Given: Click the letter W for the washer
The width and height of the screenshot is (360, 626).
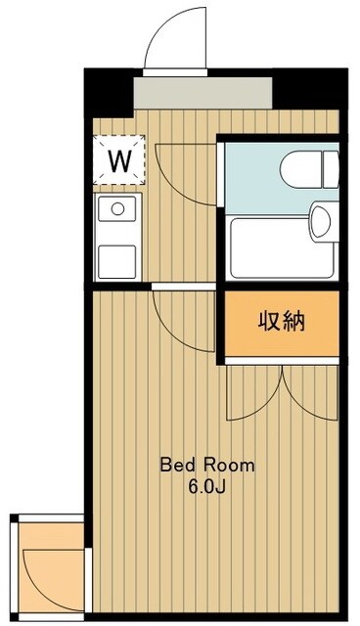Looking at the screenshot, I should [x=119, y=159].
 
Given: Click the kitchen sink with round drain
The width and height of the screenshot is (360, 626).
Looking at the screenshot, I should [x=116, y=208].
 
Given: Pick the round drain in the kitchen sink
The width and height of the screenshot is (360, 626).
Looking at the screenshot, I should [x=117, y=207].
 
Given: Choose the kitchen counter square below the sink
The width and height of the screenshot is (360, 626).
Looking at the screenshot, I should [x=116, y=260].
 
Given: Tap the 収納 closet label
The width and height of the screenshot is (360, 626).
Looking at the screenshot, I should [x=281, y=322].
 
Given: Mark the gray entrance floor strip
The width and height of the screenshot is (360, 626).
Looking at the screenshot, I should [x=202, y=93].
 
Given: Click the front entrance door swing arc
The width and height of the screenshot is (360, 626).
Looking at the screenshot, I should [x=174, y=39].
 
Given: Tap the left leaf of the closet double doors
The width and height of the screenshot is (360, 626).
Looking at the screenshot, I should [x=252, y=391].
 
